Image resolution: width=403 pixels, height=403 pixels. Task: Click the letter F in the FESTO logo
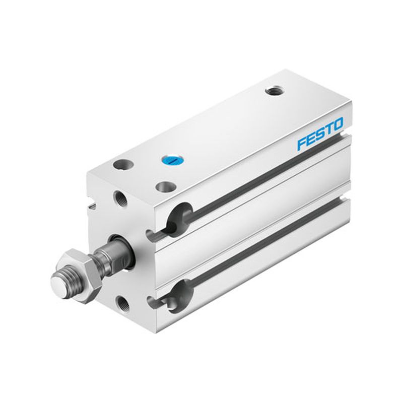click(303, 144)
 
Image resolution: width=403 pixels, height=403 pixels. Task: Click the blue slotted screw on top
click(172, 161)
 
